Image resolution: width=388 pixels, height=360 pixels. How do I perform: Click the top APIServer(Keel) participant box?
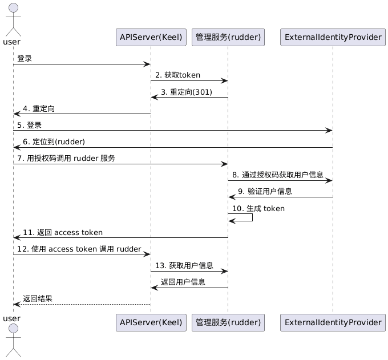(x=151, y=38)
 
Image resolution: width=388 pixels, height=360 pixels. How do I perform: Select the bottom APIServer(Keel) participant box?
(x=151, y=322)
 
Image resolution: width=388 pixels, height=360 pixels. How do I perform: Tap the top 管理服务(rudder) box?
(x=228, y=38)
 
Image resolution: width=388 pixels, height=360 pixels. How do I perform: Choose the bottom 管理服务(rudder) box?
(x=228, y=322)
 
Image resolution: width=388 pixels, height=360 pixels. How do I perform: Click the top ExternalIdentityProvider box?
(x=332, y=38)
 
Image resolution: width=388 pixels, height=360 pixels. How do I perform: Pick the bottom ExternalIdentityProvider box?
(x=332, y=322)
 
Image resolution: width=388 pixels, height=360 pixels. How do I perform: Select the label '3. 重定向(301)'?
(x=187, y=92)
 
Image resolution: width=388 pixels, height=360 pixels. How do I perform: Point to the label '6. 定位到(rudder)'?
(x=54, y=141)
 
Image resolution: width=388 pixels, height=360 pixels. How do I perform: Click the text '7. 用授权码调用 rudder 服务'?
(x=66, y=158)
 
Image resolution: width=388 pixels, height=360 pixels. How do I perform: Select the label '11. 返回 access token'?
(x=63, y=232)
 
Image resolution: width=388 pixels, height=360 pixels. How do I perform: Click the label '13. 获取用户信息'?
(x=184, y=265)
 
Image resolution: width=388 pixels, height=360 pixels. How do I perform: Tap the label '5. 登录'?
(x=29, y=125)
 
